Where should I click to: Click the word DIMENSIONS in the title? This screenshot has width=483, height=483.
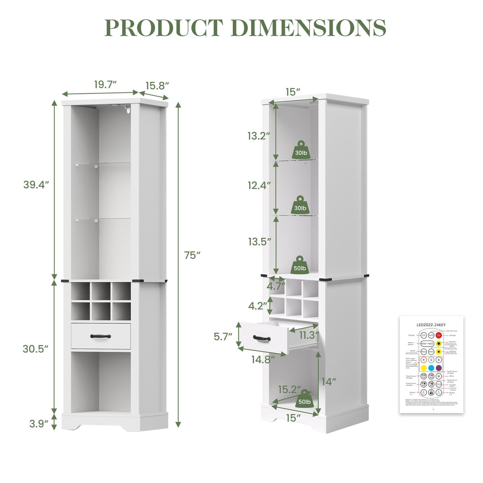pos(308,28)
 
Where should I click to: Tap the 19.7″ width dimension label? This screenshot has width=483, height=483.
pos(105,85)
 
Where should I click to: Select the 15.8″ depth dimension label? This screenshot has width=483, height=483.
pos(157,86)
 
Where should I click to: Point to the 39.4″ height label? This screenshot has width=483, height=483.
pos(36,185)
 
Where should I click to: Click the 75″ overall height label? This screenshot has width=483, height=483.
pos(192,255)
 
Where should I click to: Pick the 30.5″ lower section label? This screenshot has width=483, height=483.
pos(35,349)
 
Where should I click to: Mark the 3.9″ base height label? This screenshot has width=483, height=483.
pos(39,424)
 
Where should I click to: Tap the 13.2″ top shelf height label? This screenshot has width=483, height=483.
pos(259,136)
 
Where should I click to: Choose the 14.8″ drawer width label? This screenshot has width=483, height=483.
pos(263,359)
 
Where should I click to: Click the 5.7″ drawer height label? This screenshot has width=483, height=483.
pos(223,337)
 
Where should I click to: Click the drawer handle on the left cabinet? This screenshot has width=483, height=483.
pos(100,336)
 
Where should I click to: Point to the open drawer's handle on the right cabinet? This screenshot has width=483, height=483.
pos(261,338)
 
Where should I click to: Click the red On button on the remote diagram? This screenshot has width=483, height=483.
pos(438,335)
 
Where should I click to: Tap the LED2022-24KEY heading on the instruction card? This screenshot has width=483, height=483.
pos(431,325)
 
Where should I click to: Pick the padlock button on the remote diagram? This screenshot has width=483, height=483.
pos(431,392)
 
